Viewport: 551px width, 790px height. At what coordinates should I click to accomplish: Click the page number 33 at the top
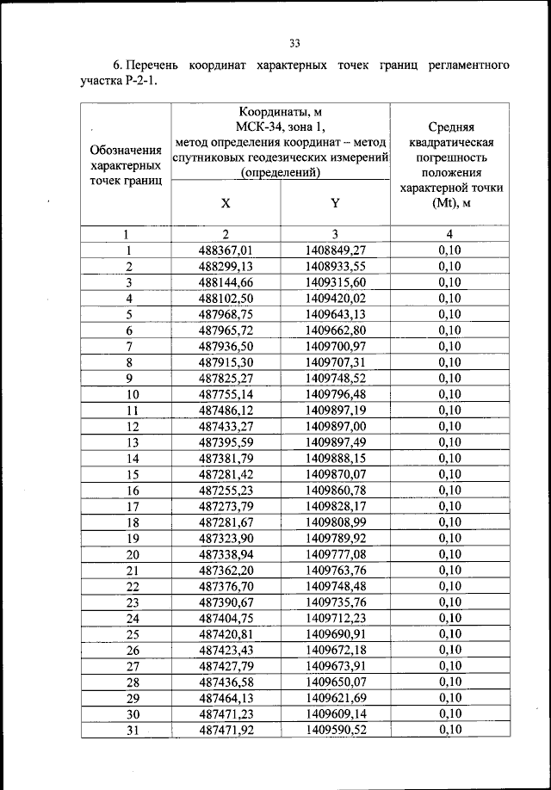(x=294, y=43)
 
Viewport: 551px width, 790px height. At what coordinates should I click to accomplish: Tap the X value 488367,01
(x=226, y=250)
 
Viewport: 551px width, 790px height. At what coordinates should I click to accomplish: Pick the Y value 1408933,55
(x=336, y=266)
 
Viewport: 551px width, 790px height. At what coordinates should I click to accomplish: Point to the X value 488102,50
(x=226, y=299)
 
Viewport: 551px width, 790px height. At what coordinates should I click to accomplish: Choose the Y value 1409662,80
(x=336, y=330)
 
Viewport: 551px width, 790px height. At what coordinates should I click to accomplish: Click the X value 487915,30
(x=226, y=362)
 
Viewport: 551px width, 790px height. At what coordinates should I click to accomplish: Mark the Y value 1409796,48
(x=336, y=394)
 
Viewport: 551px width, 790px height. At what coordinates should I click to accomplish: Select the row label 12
(x=133, y=426)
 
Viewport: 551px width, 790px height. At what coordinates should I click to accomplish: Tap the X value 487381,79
(x=226, y=458)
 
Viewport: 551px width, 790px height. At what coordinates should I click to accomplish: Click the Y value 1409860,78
(x=336, y=490)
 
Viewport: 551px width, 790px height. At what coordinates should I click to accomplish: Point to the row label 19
(x=133, y=538)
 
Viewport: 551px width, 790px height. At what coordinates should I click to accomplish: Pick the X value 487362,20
(x=226, y=570)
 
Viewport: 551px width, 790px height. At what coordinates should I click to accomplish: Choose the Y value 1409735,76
(x=336, y=602)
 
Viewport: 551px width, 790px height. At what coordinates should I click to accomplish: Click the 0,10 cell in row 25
(x=449, y=633)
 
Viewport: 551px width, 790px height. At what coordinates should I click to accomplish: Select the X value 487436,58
(x=226, y=682)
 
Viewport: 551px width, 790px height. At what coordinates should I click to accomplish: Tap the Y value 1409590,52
(x=336, y=730)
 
